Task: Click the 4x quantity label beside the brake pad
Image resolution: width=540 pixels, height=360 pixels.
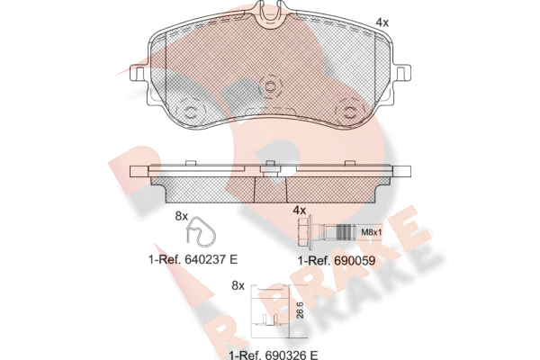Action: pyautogui.click(x=382, y=22)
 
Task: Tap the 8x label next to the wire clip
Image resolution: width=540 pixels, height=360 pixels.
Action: pyautogui.click(x=182, y=216)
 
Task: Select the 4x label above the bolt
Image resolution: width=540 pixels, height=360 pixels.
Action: pyautogui.click(x=300, y=210)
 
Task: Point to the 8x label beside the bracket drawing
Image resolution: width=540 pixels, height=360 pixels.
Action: pyautogui.click(x=238, y=285)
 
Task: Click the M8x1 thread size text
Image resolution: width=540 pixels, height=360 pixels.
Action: pyautogui.click(x=371, y=232)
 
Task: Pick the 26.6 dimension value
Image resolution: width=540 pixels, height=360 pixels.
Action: pyautogui.click(x=300, y=310)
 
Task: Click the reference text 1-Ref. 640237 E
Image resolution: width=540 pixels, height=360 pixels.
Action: pyautogui.click(x=193, y=259)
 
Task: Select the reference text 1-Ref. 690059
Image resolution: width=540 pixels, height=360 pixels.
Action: pyautogui.click(x=337, y=261)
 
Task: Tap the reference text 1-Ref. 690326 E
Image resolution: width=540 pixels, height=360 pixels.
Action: pyautogui.click(x=274, y=355)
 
